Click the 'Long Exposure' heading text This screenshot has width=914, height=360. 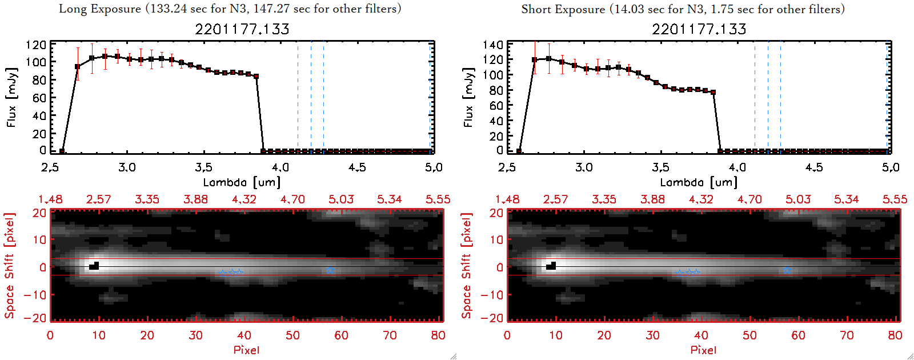click(100, 9)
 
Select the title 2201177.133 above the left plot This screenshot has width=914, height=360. click(242, 29)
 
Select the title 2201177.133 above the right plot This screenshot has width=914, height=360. click(699, 29)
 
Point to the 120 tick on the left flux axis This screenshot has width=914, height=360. click(36, 45)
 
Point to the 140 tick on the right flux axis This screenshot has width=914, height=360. click(493, 45)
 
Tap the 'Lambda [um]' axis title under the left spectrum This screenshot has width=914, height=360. click(242, 182)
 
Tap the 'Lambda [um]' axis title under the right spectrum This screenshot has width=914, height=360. click(699, 182)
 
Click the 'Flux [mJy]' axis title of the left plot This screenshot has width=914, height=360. click(11, 97)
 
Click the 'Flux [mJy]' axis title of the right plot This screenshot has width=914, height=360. click(468, 97)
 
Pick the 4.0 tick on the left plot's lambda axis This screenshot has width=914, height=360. click(280, 167)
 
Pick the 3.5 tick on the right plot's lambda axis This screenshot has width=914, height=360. click(660, 167)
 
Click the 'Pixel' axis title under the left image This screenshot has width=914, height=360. click(246, 350)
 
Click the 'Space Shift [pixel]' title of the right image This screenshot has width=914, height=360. click(467, 265)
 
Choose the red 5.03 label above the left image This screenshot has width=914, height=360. click(341, 199)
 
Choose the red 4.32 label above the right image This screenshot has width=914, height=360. click(701, 199)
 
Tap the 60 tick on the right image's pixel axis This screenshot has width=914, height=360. click(798, 335)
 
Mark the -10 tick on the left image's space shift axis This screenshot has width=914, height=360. click(35, 294)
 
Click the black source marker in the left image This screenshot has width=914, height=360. click(94, 266)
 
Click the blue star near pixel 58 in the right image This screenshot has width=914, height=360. click(787, 270)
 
